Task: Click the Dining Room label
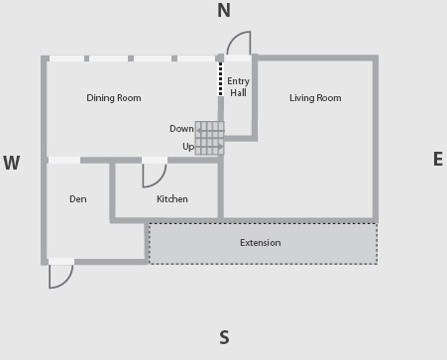114,98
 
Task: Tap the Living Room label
315,98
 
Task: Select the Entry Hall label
238,87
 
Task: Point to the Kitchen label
172,199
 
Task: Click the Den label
78,199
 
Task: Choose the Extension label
261,243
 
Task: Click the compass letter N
224,10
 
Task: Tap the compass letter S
224,337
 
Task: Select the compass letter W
12,163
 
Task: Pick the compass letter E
438,159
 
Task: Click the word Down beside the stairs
181,129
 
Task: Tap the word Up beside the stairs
188,147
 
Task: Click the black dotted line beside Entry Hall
221,79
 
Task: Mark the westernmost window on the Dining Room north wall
67,59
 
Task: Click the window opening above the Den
64,161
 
